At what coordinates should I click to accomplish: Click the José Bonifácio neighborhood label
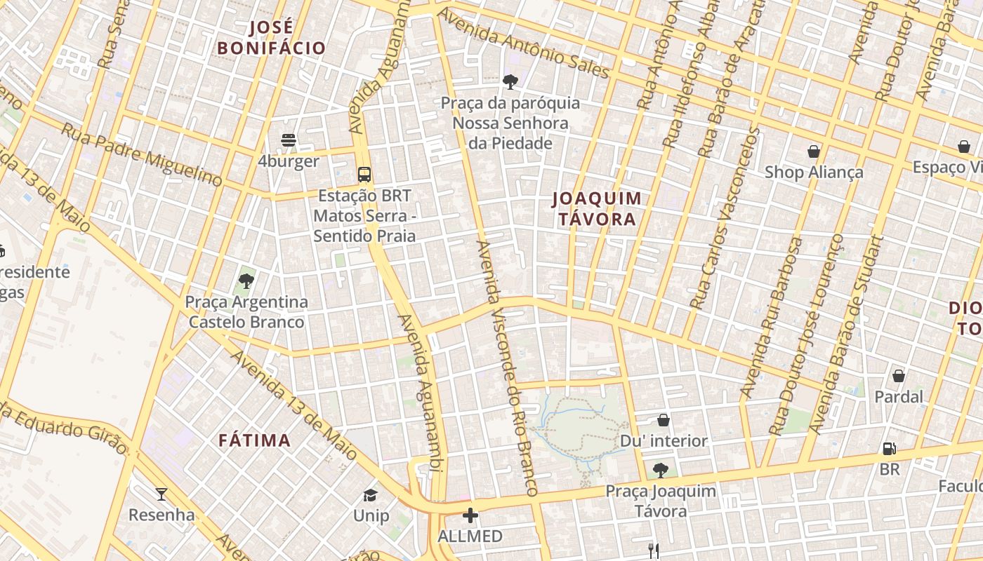pyautogui.click(x=271, y=38)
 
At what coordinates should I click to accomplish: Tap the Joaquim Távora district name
pyautogui.click(x=597, y=209)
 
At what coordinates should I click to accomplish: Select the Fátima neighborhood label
pyautogui.click(x=254, y=440)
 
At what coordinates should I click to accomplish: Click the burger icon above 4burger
pyautogui.click(x=288, y=140)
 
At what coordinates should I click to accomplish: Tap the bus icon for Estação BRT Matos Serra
pyautogui.click(x=364, y=175)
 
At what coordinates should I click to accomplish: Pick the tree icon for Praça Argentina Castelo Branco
pyautogui.click(x=246, y=281)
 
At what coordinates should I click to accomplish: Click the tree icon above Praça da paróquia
pyautogui.click(x=510, y=82)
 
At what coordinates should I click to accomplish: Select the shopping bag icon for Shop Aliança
pyautogui.click(x=813, y=151)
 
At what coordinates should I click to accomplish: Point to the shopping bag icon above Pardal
pyautogui.click(x=898, y=376)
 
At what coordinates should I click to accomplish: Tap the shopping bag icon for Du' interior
pyautogui.click(x=664, y=420)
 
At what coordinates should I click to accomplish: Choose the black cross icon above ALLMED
pyautogui.click(x=470, y=516)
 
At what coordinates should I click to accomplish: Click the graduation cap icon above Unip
pyautogui.click(x=370, y=496)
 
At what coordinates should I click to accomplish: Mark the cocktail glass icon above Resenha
pyautogui.click(x=161, y=494)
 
